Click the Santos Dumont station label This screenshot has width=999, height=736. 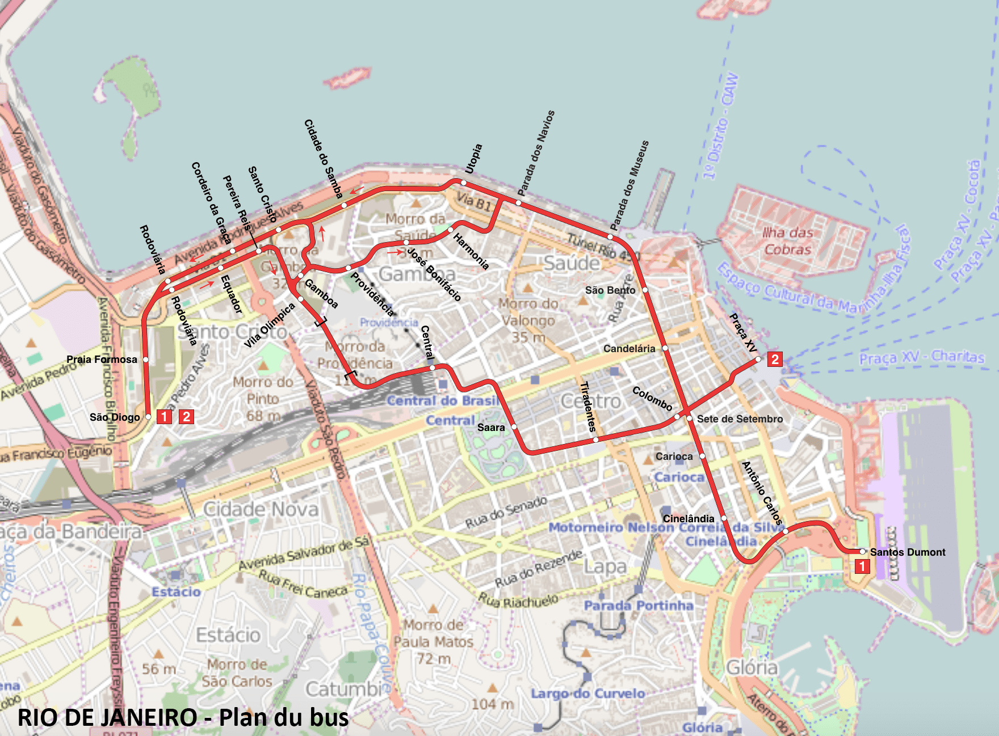907,552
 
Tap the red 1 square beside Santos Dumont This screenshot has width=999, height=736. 862,566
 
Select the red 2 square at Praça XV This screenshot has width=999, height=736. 775,359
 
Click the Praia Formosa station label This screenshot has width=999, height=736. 102,359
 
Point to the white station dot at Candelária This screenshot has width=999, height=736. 665,348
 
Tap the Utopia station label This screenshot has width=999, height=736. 473,159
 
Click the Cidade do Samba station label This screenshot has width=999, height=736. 323,158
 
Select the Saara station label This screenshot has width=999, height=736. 491,427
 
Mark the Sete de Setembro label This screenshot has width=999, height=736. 740,418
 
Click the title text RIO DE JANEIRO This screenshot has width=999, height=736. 108,717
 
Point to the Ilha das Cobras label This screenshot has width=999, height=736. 787,241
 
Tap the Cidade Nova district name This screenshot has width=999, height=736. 261,509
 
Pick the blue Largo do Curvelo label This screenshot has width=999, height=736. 587,693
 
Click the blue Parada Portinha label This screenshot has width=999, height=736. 639,606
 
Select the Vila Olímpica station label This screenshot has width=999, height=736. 270,325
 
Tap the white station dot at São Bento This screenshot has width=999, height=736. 645,290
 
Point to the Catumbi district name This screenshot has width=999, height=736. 345,688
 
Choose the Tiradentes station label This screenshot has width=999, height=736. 587,407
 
